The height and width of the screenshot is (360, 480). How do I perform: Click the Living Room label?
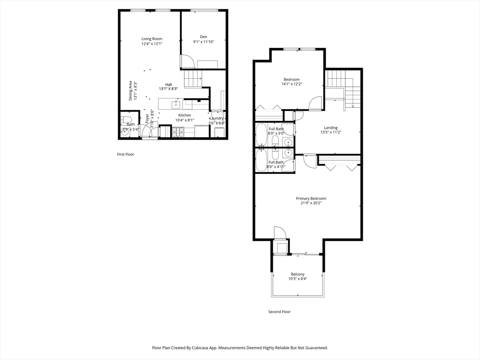click(152, 39)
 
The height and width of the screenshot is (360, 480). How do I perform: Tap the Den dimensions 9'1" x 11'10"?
click(203, 42)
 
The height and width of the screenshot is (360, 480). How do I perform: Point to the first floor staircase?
click(192, 78)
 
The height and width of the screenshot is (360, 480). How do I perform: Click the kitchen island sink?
click(176, 104)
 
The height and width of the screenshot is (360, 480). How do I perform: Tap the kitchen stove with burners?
click(178, 133)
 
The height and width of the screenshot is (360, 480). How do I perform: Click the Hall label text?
click(168, 84)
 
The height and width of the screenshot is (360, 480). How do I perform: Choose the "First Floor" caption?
click(126, 154)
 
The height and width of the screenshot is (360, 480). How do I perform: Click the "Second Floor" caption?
click(279, 312)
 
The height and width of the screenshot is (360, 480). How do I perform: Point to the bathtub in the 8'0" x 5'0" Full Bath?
click(261, 135)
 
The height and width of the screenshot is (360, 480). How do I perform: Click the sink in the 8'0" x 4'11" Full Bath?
click(288, 153)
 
